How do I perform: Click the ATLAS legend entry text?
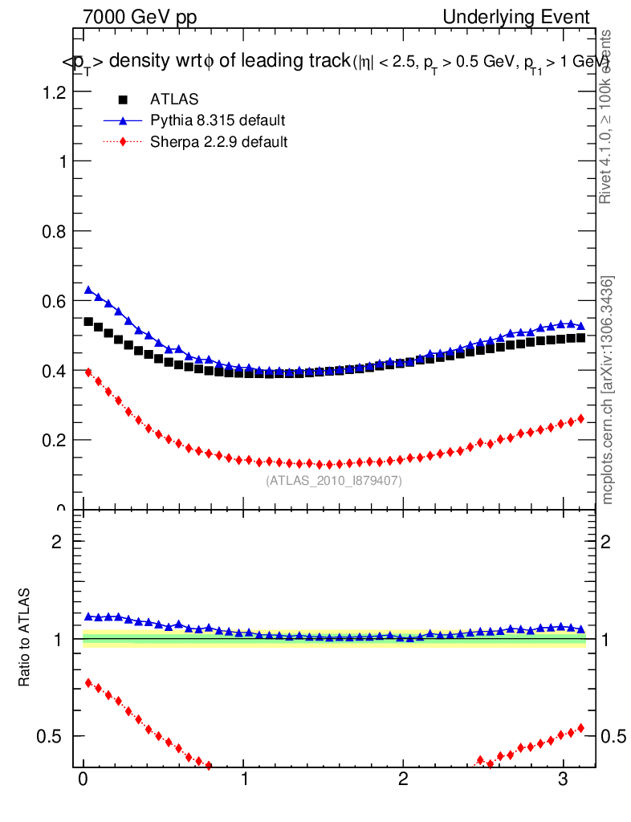[174, 100]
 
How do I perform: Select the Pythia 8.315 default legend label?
[218, 120]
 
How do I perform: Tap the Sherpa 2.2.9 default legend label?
[219, 142]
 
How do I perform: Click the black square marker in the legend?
[123, 100]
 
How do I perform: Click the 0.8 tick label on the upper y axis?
[54, 231]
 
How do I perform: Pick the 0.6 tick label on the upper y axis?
[54, 301]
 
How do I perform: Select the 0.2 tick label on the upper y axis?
[54, 440]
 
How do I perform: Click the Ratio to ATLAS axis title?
[25, 637]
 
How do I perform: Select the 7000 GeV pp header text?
[140, 17]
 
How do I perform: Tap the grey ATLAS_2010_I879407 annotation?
[334, 481]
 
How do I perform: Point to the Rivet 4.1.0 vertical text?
[607, 116]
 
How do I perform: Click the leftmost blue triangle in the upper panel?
[89, 290]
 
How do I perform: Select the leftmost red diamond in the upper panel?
[89, 372]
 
